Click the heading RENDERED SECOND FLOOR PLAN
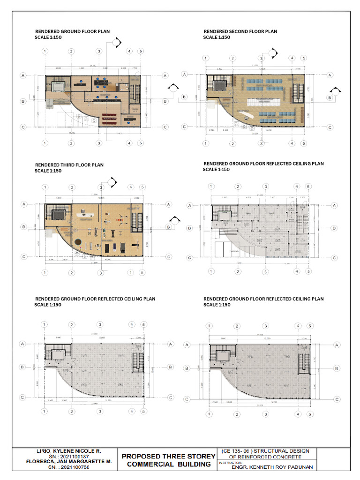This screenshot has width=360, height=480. coord(240,31)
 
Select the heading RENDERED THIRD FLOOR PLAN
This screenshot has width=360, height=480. coord(69,165)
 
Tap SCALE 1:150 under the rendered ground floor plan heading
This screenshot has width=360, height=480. coord(48,37)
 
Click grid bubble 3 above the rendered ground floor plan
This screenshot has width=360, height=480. coord(99,51)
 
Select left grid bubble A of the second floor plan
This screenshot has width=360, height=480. coord(185,75)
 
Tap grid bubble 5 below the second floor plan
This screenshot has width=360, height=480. coord(304,143)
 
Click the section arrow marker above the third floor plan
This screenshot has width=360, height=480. coord(112,181)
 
